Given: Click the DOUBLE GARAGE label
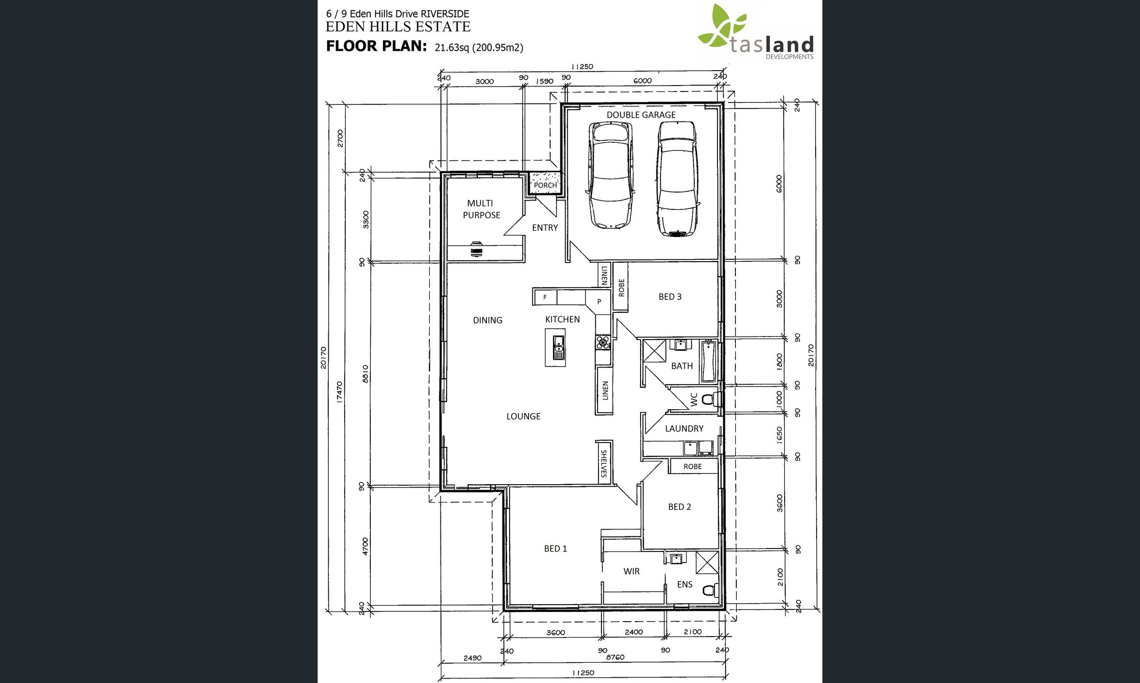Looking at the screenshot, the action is pyautogui.click(x=641, y=115).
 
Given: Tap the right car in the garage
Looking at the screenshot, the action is pyautogui.click(x=677, y=178).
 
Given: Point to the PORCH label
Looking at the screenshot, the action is pyautogui.click(x=545, y=185).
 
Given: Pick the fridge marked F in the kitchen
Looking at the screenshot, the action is pyautogui.click(x=545, y=297).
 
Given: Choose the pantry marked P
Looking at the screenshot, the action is pyautogui.click(x=599, y=301).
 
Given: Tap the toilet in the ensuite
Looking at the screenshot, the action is pyautogui.click(x=710, y=590).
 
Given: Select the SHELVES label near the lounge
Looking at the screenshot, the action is pyautogui.click(x=603, y=463).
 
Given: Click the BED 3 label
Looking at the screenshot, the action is pyautogui.click(x=670, y=297).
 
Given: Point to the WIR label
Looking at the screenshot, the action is pyautogui.click(x=631, y=571).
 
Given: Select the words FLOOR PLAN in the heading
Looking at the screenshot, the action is pyautogui.click(x=377, y=46).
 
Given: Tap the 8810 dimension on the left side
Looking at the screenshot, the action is pyautogui.click(x=365, y=374).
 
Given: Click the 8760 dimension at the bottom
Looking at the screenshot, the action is pyautogui.click(x=615, y=657).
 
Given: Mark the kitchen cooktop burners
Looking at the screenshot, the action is pyautogui.click(x=603, y=343).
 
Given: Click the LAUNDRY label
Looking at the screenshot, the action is pyautogui.click(x=684, y=429).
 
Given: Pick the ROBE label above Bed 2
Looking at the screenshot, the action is pyautogui.click(x=692, y=466).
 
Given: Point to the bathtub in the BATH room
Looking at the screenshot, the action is pyautogui.click(x=708, y=361).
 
